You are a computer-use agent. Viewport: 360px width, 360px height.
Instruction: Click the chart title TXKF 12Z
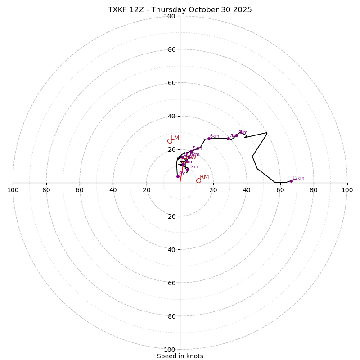click(x=180, y=10)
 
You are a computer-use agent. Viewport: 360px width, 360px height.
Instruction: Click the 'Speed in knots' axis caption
click(x=180, y=356)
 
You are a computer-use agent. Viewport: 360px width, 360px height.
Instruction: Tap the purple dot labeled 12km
click(x=291, y=181)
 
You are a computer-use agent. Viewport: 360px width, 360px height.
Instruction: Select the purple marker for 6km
click(x=209, y=139)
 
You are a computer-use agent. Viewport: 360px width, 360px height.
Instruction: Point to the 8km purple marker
click(x=237, y=135)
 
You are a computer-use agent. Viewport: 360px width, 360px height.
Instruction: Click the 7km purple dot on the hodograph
click(x=228, y=139)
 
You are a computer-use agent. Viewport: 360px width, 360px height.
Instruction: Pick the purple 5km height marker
click(x=191, y=151)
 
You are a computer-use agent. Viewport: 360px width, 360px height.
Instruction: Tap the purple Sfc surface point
click(x=178, y=176)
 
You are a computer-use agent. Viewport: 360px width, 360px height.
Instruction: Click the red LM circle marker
click(x=170, y=141)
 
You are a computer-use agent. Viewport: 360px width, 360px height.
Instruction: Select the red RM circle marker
click(x=198, y=180)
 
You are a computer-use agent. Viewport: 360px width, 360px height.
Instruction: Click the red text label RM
click(x=204, y=177)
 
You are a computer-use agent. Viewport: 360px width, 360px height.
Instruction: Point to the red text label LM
click(x=175, y=138)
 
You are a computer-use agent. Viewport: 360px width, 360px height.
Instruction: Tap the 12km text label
click(x=298, y=178)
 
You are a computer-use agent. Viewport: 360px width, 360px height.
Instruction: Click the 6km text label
click(x=215, y=136)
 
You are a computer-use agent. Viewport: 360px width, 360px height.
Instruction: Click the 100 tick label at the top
click(x=170, y=17)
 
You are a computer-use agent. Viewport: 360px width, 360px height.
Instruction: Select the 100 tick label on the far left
click(x=13, y=190)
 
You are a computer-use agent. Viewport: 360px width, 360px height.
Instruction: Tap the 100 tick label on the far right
click(x=347, y=190)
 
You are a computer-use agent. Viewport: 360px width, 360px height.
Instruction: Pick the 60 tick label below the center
click(x=170, y=283)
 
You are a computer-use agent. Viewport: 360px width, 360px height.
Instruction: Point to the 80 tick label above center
click(x=171, y=49)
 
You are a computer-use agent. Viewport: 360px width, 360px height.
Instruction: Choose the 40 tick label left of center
click(x=113, y=190)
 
